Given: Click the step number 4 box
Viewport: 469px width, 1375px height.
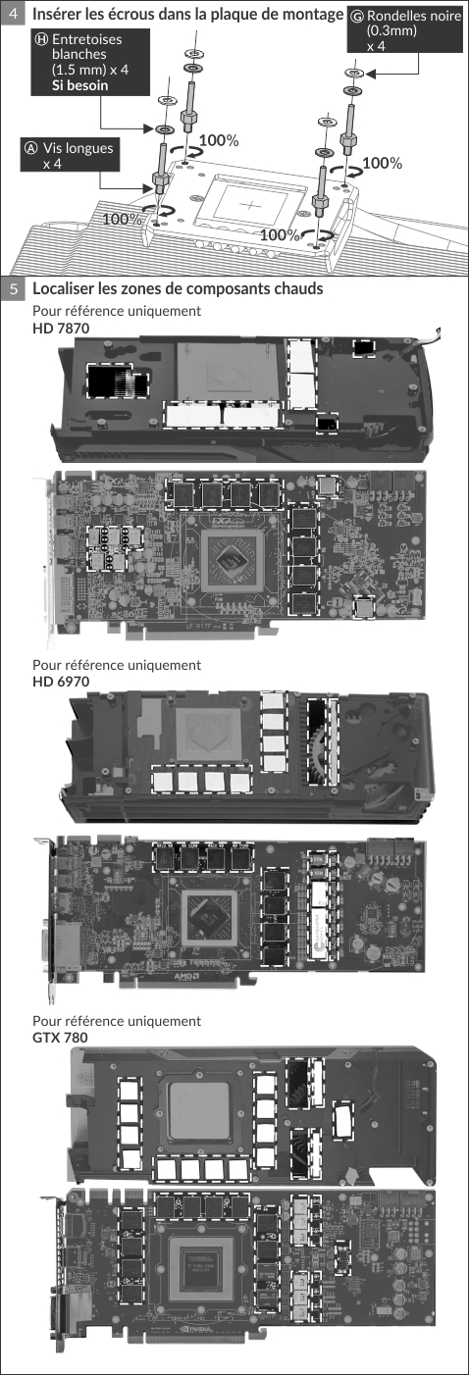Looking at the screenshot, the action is (x=13, y=13).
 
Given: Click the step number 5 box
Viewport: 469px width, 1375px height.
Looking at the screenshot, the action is (x=13, y=288).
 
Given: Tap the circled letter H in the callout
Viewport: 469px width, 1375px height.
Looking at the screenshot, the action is (x=42, y=39).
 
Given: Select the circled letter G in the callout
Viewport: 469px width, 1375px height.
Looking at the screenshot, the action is (x=357, y=16).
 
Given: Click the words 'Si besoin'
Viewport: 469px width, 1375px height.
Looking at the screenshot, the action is (x=79, y=85).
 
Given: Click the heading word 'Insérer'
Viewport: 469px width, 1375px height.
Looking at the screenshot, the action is (x=57, y=14).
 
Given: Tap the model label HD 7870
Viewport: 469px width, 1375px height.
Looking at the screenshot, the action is (x=61, y=328).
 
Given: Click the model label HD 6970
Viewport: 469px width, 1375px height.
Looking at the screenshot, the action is (x=61, y=682).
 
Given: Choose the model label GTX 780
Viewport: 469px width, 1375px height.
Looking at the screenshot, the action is (x=60, y=1038).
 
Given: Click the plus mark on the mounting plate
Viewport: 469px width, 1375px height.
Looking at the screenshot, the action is (x=250, y=204).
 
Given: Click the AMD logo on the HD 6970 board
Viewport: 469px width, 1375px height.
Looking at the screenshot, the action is (x=186, y=976).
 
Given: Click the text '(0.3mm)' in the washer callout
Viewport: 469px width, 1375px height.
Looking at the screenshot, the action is (x=391, y=30).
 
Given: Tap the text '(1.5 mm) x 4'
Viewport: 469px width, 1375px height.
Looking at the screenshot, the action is (x=90, y=70).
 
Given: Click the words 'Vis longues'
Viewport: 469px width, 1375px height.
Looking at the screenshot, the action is (x=78, y=148).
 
